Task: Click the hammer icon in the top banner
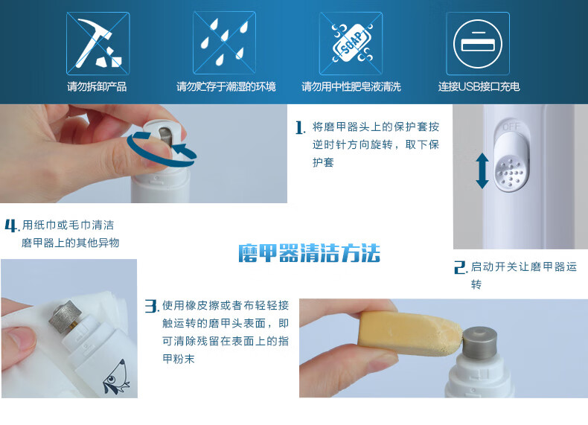[98, 43]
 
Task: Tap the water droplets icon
[224, 43]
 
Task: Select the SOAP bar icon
[351, 43]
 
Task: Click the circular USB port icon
[477, 44]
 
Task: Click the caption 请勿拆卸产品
[97, 86]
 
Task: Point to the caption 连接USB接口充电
[479, 86]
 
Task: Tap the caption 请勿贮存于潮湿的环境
[226, 86]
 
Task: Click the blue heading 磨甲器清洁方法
[309, 253]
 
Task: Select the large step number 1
[300, 127]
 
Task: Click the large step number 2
[460, 267]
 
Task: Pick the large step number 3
[151, 306]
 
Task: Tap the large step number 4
[11, 226]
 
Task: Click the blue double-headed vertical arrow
[482, 171]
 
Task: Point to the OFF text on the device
[511, 127]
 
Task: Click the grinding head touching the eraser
[479, 342]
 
